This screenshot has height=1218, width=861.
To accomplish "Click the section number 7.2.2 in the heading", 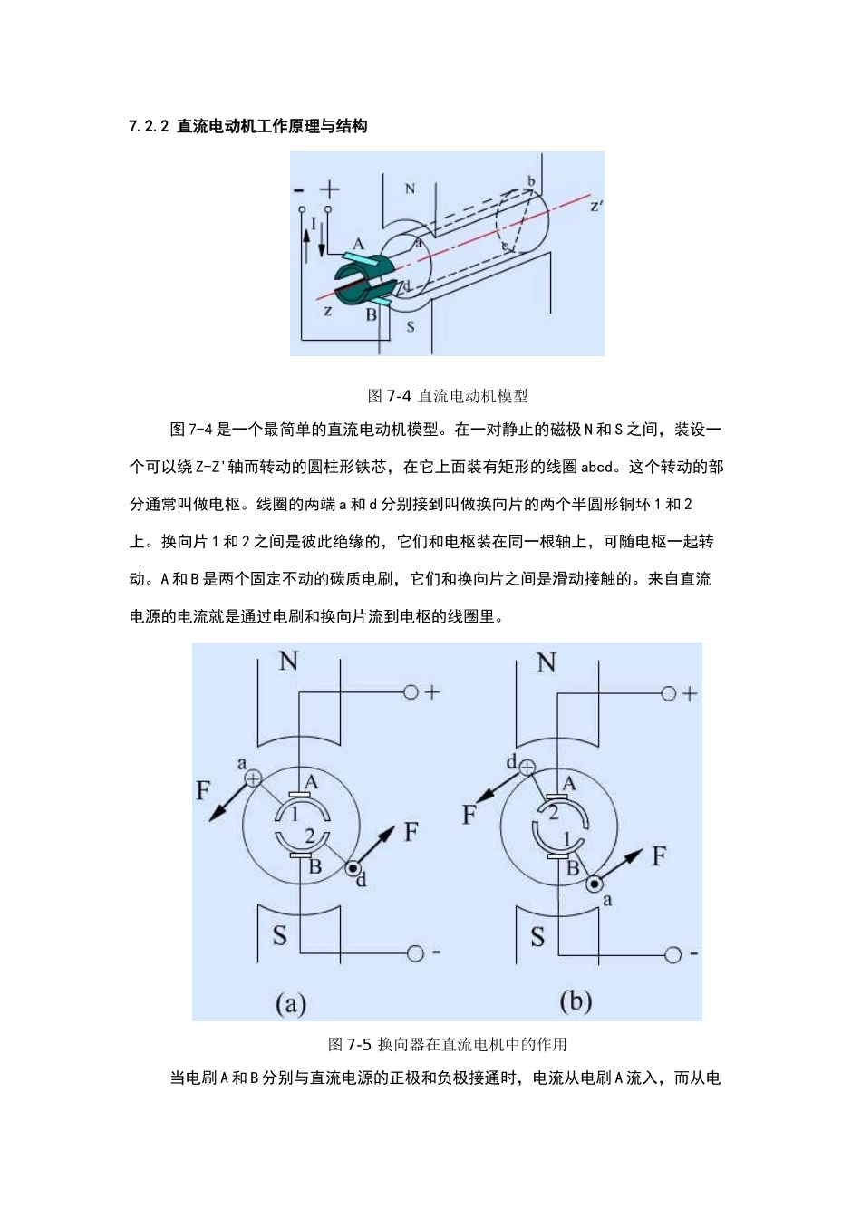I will pyautogui.click(x=149, y=127).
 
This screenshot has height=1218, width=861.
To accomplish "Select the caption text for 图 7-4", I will pyautogui.click(x=448, y=396).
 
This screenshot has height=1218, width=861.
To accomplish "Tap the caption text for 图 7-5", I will pyautogui.click(x=448, y=1044).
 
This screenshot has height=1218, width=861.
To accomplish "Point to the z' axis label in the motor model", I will pyautogui.click(x=595, y=206).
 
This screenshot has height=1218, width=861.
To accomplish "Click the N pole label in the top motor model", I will pyautogui.click(x=410, y=189).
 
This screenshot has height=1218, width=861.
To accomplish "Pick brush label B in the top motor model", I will pyautogui.click(x=371, y=315).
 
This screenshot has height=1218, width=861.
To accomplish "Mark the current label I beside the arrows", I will pyautogui.click(x=314, y=223).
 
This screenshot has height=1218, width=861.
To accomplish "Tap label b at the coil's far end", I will pyautogui.click(x=531, y=182).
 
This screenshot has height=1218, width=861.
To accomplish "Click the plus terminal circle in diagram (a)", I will pyautogui.click(x=411, y=692).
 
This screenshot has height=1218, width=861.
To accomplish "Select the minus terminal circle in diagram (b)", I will pyautogui.click(x=672, y=954).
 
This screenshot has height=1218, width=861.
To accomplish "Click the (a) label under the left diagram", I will pyautogui.click(x=290, y=1003).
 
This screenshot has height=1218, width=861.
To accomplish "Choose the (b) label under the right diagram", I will pyautogui.click(x=576, y=1001).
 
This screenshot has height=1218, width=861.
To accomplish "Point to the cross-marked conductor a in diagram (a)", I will pyautogui.click(x=253, y=778).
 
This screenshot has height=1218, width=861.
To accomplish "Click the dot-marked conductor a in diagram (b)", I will pyautogui.click(x=594, y=884).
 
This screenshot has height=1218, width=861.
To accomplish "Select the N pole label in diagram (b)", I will pyautogui.click(x=546, y=662).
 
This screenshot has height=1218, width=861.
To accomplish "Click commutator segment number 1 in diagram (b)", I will pyautogui.click(x=568, y=839).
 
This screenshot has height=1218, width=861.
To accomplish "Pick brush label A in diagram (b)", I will pyautogui.click(x=569, y=783).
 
